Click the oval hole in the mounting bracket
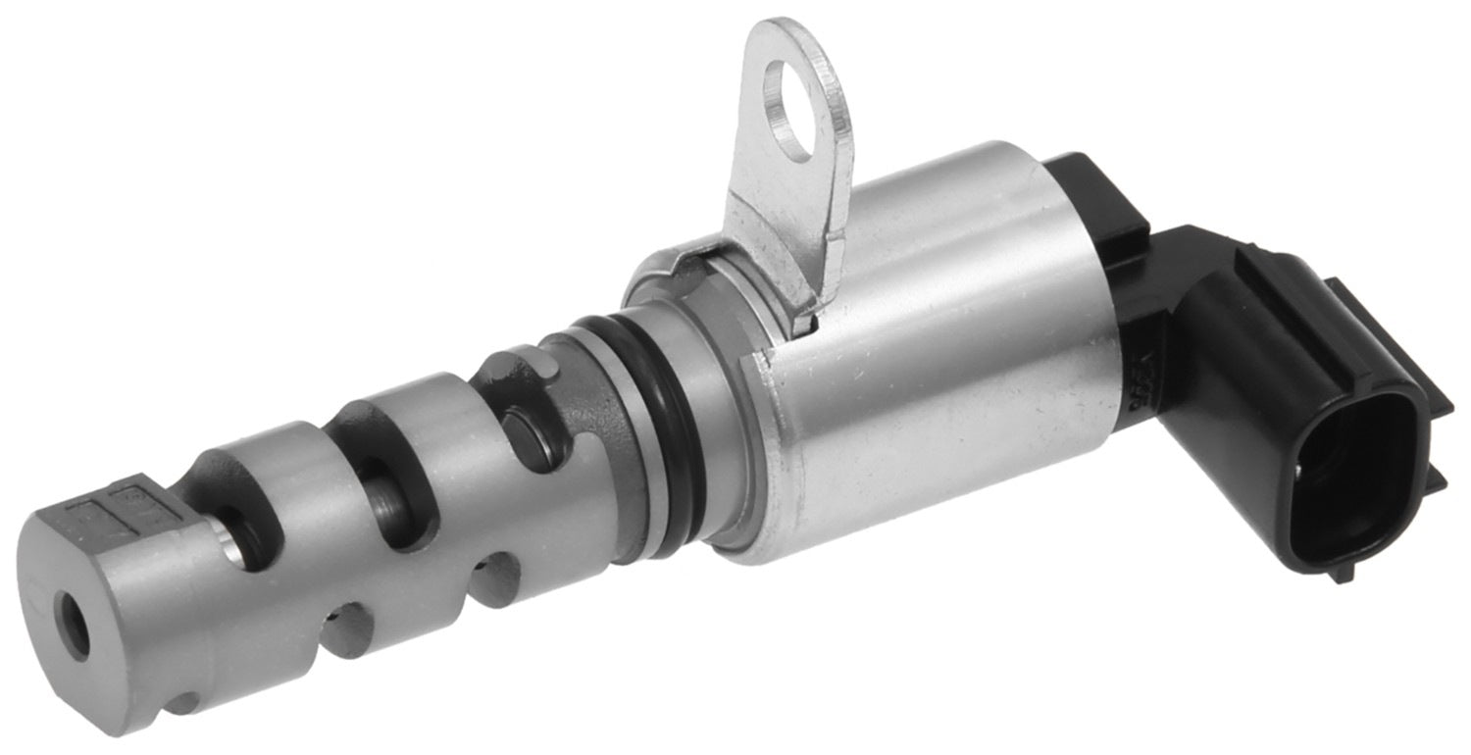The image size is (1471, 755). pyautogui.click(x=790, y=110)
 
